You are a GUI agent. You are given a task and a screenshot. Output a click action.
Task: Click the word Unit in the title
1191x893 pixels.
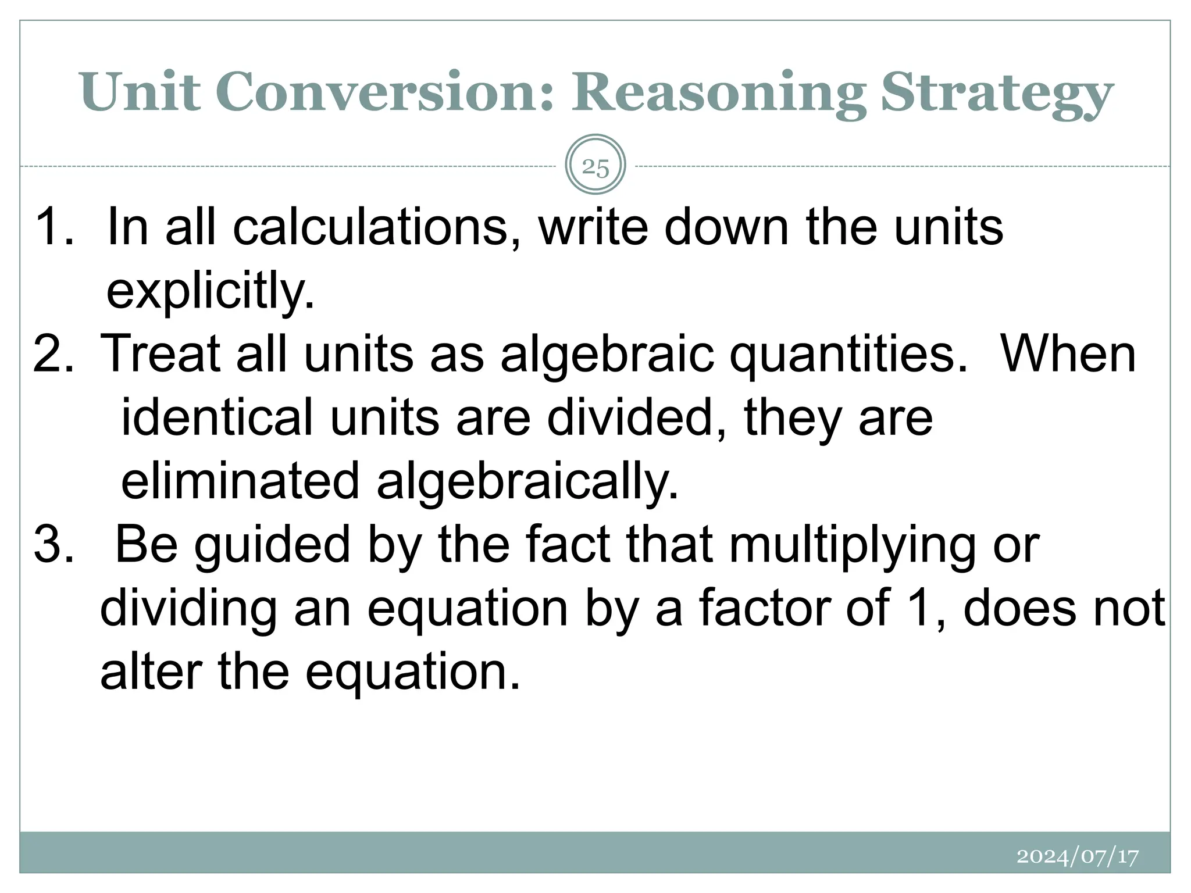point(140,92)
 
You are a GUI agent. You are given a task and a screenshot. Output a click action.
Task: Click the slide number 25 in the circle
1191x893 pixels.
point(595,167)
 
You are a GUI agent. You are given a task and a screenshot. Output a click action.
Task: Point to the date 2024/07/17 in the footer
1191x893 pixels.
point(1078,856)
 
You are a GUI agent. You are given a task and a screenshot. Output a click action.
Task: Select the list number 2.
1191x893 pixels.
point(54,353)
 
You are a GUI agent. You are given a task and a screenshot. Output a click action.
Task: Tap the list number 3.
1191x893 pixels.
point(54,544)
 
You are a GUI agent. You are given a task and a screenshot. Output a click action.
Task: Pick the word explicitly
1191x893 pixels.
point(211,292)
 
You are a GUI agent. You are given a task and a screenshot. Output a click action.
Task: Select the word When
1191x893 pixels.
point(1067,353)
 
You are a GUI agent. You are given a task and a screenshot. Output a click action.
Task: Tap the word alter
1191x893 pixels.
point(151,671)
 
